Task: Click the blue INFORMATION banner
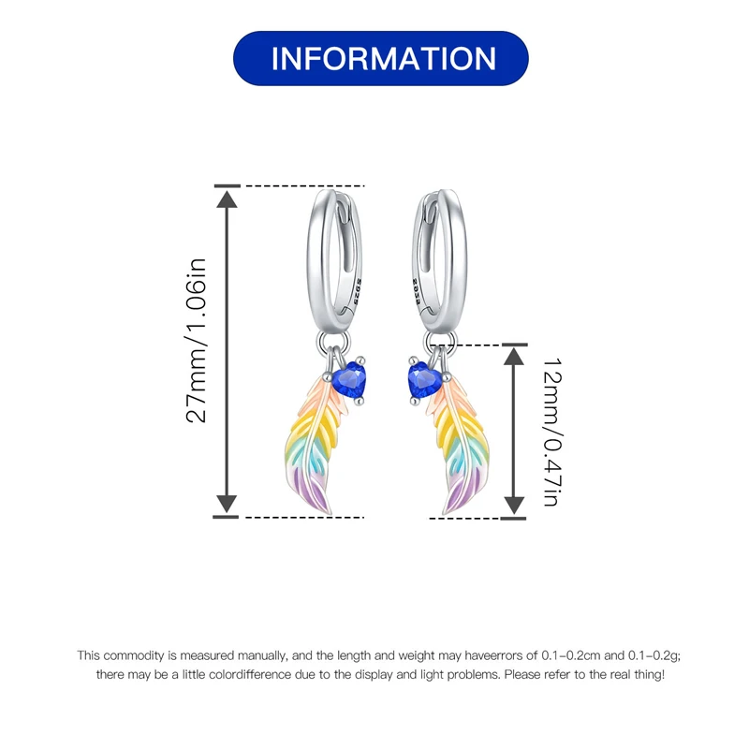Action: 381,58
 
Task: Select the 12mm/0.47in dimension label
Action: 551,431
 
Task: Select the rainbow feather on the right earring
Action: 463,440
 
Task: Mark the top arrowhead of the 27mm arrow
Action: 228,197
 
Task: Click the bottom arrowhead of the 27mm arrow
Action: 228,506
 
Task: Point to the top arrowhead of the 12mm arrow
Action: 514,355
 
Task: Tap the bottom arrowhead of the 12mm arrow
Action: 514,507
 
